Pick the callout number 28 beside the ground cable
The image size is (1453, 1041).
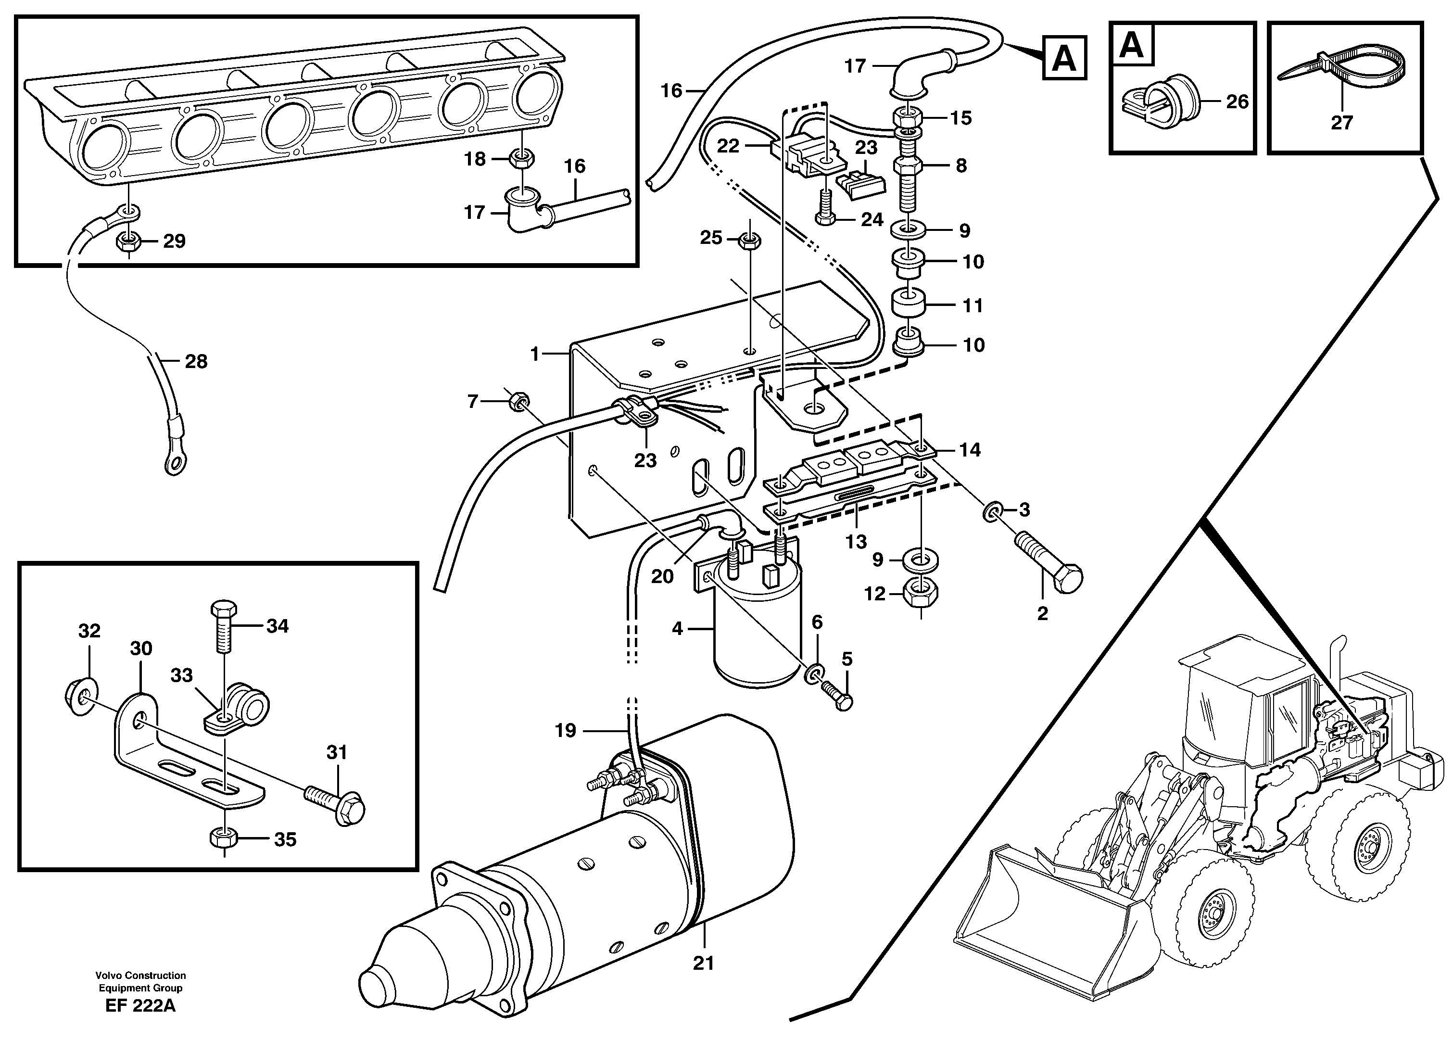tap(196, 362)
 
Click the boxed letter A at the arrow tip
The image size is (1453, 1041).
tap(1064, 58)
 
